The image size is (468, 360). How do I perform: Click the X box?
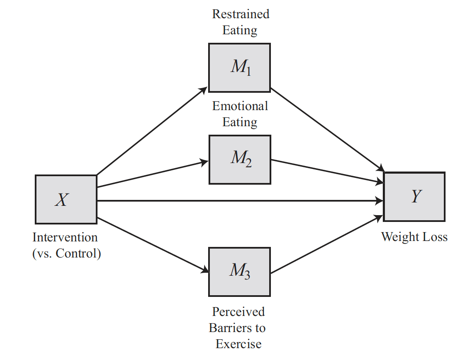click(66, 199)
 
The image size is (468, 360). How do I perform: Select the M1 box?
click(240, 67)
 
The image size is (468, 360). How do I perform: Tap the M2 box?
click(240, 159)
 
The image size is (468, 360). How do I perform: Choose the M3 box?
click(240, 271)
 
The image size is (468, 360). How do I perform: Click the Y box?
click(414, 197)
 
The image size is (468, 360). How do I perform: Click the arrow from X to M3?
click(153, 245)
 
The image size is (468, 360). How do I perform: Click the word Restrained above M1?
click(240, 14)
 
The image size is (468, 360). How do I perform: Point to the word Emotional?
click(240, 106)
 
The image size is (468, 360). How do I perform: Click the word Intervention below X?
click(65, 238)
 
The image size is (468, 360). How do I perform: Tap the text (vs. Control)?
click(67, 254)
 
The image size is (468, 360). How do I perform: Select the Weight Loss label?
click(414, 237)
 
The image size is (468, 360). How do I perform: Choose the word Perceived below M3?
click(238, 312)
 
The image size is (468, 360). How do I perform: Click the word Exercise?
click(238, 344)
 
